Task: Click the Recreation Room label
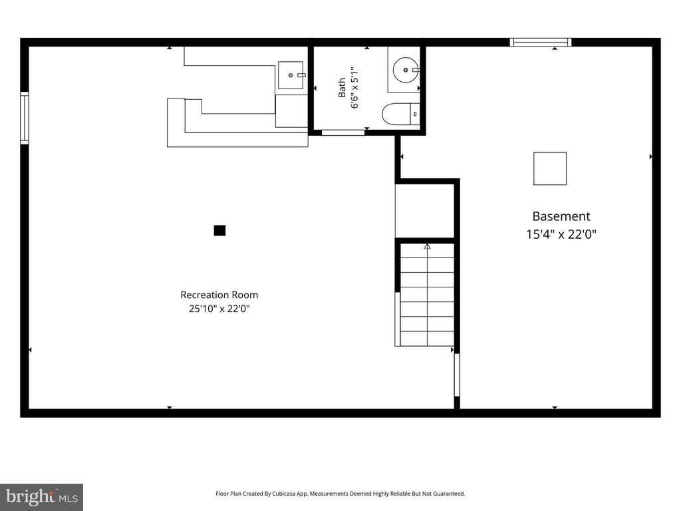[219, 295]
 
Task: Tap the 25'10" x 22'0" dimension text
[219, 309]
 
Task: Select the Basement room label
[561, 216]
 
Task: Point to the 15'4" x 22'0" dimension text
[561, 235]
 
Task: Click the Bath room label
[342, 88]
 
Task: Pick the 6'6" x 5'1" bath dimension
[355, 88]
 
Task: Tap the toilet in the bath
[401, 114]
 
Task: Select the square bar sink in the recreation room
[291, 75]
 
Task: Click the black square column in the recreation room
[219, 230]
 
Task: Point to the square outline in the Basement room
[550, 168]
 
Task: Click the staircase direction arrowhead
[428, 246]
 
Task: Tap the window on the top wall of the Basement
[540, 42]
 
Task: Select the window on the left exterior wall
[25, 118]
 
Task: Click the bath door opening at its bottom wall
[343, 132]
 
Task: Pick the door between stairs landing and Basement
[457, 375]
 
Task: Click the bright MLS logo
[42, 497]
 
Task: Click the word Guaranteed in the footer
[451, 494]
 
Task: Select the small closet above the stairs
[425, 211]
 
